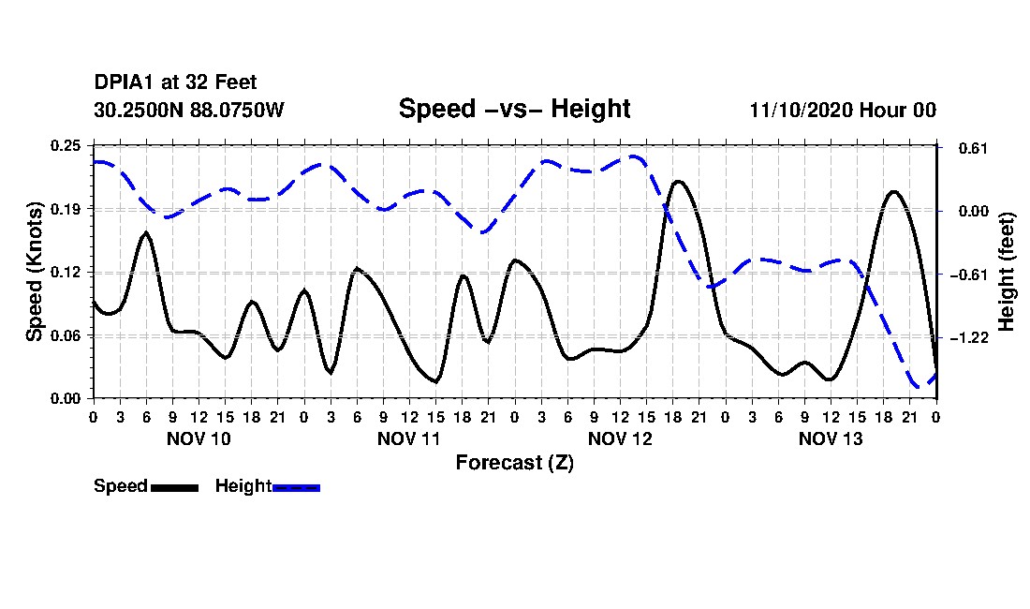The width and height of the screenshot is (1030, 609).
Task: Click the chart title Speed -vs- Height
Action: (x=514, y=109)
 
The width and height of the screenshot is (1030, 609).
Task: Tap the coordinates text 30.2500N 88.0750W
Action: (x=189, y=110)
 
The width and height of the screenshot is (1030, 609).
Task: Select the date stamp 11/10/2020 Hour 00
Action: (x=843, y=110)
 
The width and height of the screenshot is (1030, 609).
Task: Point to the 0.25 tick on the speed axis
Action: (x=66, y=145)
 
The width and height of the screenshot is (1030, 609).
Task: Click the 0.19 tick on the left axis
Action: (x=66, y=209)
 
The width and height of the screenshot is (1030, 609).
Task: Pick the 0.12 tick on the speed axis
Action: (x=66, y=272)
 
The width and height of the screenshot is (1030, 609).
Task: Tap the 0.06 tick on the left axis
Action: (x=66, y=335)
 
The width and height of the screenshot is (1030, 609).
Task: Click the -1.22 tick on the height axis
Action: (x=969, y=337)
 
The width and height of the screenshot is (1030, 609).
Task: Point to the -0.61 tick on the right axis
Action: (x=969, y=275)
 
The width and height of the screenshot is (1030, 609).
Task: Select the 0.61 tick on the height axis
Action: (x=973, y=148)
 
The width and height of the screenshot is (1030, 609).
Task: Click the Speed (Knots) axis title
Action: (x=35, y=272)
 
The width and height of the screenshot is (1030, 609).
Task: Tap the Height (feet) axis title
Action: (x=1006, y=272)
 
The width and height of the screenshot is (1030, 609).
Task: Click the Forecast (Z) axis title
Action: (x=515, y=463)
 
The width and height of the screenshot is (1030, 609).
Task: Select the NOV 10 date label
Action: (x=199, y=438)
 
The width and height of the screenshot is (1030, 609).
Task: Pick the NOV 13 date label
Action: (x=831, y=438)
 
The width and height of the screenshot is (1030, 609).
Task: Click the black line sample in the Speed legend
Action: (x=175, y=487)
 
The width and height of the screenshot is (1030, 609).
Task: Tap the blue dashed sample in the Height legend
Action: (x=296, y=487)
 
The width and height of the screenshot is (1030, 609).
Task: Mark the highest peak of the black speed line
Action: (x=678, y=182)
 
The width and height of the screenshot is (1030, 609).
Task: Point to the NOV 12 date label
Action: (x=620, y=438)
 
